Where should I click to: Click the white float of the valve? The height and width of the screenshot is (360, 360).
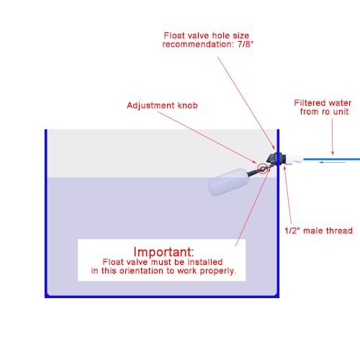coord(227,181)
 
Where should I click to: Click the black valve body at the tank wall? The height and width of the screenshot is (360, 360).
coord(275,159)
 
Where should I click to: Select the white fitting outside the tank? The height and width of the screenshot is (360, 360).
coord(294,159)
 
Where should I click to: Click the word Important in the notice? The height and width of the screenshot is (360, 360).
coord(163,252)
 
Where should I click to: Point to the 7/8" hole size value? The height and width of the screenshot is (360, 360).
coord(246,44)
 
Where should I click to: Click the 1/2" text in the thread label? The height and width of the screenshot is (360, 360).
coord(292,230)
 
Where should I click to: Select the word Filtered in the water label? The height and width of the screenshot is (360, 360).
coord(310,103)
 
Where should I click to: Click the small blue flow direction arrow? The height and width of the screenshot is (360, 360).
coord(332,163)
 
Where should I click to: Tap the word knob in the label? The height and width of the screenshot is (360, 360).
coord(188,105)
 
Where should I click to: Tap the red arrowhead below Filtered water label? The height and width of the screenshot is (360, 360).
coord(333,153)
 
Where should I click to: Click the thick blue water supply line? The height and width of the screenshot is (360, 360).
coord(332,159)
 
